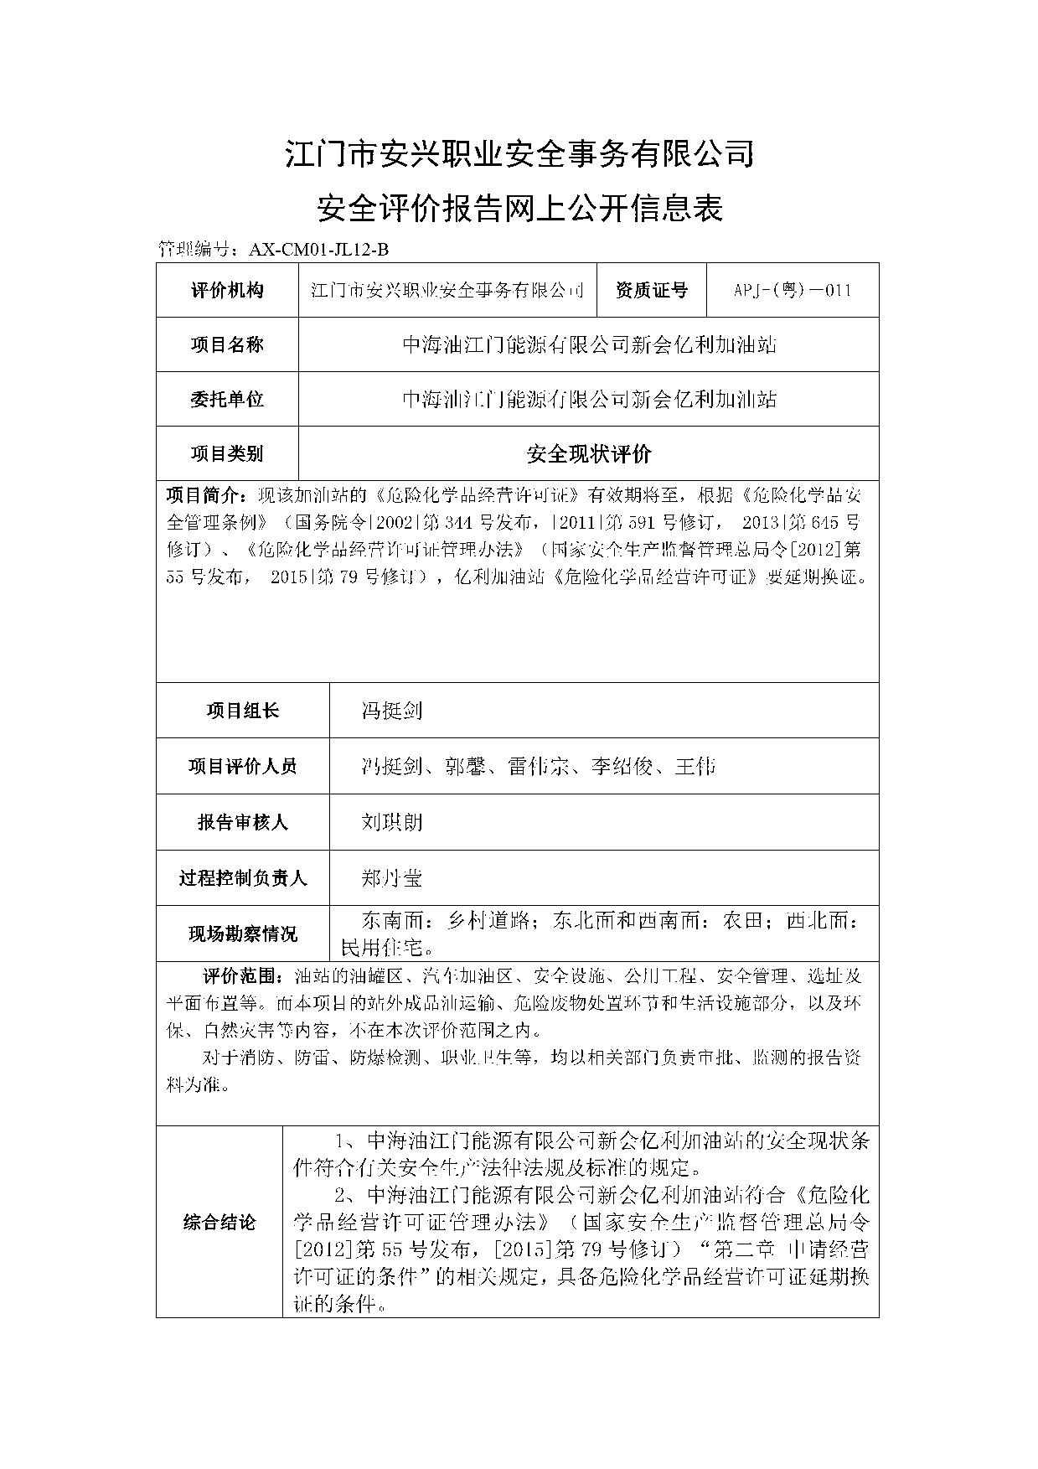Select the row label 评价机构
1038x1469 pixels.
[227, 291]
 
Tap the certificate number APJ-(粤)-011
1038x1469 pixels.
[792, 291]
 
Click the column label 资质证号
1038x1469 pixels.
[651, 291]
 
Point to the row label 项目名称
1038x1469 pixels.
[227, 344]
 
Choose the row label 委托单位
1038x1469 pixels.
[227, 399]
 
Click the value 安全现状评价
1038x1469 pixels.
[588, 454]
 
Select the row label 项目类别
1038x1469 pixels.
[227, 454]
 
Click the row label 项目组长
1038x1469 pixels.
[243, 711]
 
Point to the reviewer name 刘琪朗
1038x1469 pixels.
[391, 821]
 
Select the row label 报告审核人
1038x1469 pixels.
[243, 822]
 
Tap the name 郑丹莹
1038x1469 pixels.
[391, 877]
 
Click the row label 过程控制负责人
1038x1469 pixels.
[243, 878]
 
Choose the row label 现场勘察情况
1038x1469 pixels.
[243, 934]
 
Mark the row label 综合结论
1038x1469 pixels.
[219, 1223]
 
